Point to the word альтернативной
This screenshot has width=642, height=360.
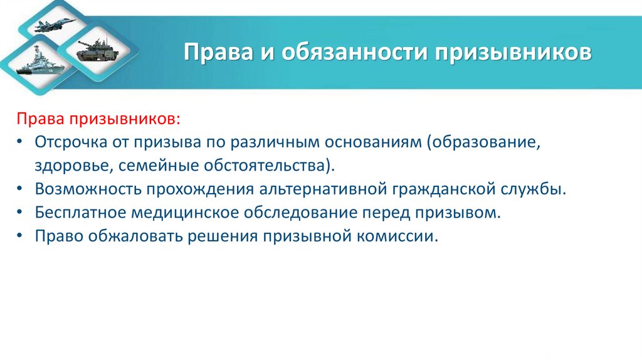pyautogui.click(x=317, y=189)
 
